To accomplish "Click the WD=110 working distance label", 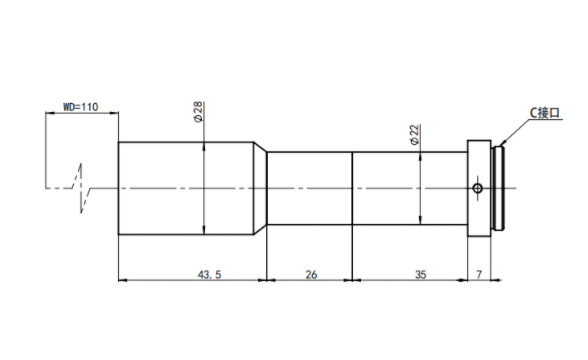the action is click(80, 107).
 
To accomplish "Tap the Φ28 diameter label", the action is click(198, 111).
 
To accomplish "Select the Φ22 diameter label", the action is click(414, 135).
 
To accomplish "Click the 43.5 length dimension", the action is click(209, 275).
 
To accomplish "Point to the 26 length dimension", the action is click(311, 275).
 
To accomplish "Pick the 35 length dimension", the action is click(420, 275).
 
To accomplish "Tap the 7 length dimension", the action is click(479, 275).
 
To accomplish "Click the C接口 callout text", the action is click(544, 113).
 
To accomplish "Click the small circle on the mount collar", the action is click(477, 188).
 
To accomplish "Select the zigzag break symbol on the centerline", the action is click(82, 188).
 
